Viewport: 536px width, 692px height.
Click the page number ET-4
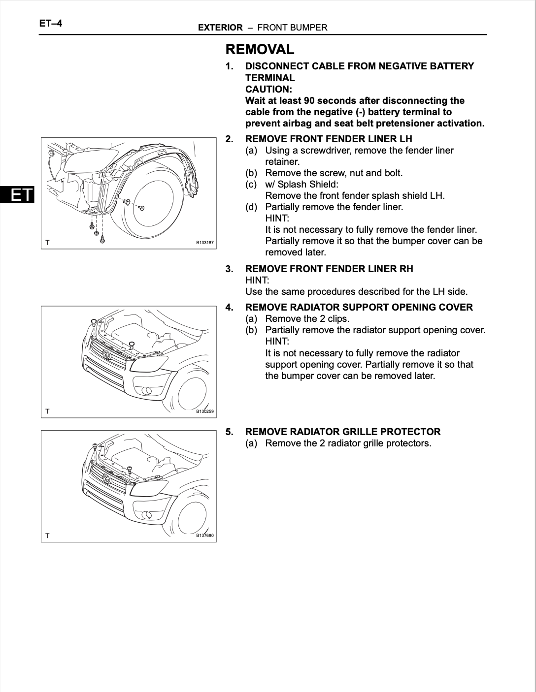point(51,23)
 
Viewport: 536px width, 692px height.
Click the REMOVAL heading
point(260,49)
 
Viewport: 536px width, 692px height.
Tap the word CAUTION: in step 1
point(268,89)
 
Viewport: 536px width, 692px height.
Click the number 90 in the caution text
point(309,100)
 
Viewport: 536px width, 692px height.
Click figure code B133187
point(204,243)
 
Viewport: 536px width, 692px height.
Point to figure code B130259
point(204,411)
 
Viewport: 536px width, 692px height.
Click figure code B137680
point(204,535)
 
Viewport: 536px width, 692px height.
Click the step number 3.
point(230,269)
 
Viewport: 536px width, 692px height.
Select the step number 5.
point(230,432)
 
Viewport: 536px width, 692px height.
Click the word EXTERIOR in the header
point(220,28)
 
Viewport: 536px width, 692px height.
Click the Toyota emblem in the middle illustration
point(106,354)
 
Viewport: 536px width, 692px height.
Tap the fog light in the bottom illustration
point(146,515)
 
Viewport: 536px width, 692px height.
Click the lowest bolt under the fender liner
point(102,239)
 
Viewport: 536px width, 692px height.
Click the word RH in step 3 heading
point(406,269)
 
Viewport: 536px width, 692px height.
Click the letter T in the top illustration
point(47,243)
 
